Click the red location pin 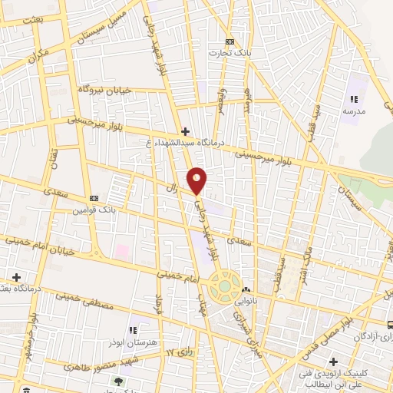tap(198, 180)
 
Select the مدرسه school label tap(354, 111)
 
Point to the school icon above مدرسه tap(354, 99)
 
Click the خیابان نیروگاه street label tap(104, 91)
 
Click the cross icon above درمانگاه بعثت tap(15, 277)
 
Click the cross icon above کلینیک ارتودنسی tap(333, 362)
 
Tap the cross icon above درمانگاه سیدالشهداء tap(185, 131)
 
